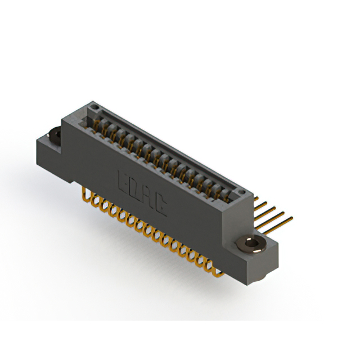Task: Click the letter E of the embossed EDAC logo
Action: coord(122,181)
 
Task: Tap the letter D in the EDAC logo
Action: coord(134,190)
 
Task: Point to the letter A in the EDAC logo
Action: coord(147,199)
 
